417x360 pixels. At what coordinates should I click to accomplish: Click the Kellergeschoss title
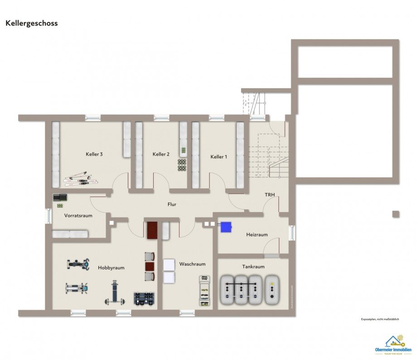(x=32, y=23)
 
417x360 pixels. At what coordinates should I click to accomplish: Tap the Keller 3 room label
(x=94, y=154)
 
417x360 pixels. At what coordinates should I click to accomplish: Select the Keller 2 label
(x=161, y=154)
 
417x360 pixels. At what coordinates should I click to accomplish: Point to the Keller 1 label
(x=218, y=157)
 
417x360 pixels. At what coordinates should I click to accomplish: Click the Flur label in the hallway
(x=172, y=205)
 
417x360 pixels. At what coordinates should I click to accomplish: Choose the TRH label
(x=270, y=195)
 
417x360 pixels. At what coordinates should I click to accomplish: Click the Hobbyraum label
(x=111, y=268)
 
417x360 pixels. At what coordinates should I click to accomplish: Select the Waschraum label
(x=192, y=264)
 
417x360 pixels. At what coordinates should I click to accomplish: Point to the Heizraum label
(x=257, y=235)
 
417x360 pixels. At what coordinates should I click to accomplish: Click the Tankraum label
(x=253, y=267)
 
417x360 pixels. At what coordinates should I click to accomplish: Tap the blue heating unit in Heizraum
(x=226, y=226)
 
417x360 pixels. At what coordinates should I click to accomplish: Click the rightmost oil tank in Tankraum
(x=272, y=289)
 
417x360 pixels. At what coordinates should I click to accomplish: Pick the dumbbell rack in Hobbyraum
(x=144, y=298)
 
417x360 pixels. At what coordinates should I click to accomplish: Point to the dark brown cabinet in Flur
(x=151, y=230)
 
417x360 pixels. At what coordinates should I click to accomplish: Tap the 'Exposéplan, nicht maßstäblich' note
(x=379, y=319)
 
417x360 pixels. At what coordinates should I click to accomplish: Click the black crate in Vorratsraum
(x=60, y=198)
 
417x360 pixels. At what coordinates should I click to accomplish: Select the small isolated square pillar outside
(x=396, y=214)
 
